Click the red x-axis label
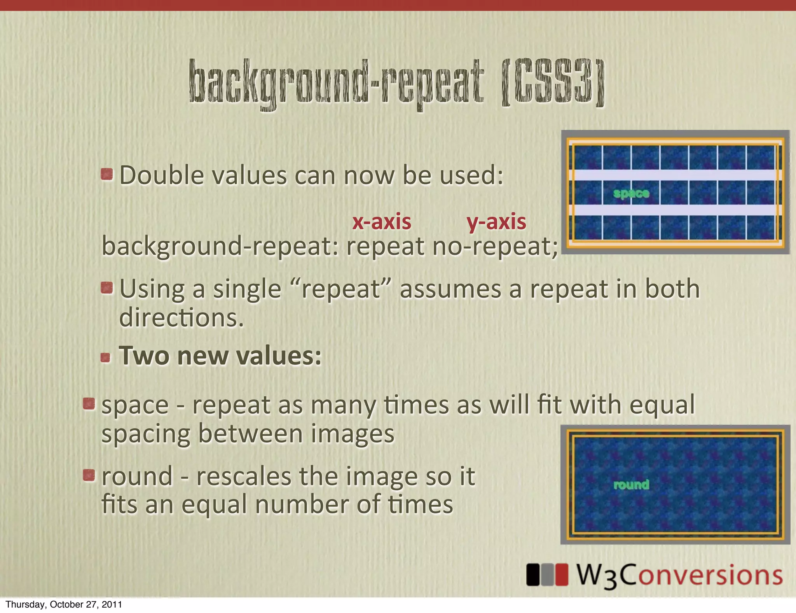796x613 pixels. [382, 222]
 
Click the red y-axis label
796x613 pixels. [496, 222]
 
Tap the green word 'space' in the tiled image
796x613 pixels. [631, 193]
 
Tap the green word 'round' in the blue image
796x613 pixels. [631, 485]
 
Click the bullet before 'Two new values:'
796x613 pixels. [105, 357]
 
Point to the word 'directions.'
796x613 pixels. [181, 318]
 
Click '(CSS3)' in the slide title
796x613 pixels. [553, 83]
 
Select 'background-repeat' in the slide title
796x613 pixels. [336, 83]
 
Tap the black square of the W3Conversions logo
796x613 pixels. [533, 574]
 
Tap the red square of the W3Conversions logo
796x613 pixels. [561, 574]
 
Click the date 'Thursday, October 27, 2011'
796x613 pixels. [64, 604]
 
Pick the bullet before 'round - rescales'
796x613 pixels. [89, 475]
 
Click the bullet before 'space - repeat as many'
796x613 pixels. [89, 404]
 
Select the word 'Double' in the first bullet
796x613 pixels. [162, 175]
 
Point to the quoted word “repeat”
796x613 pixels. [340, 289]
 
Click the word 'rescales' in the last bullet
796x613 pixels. [243, 476]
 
